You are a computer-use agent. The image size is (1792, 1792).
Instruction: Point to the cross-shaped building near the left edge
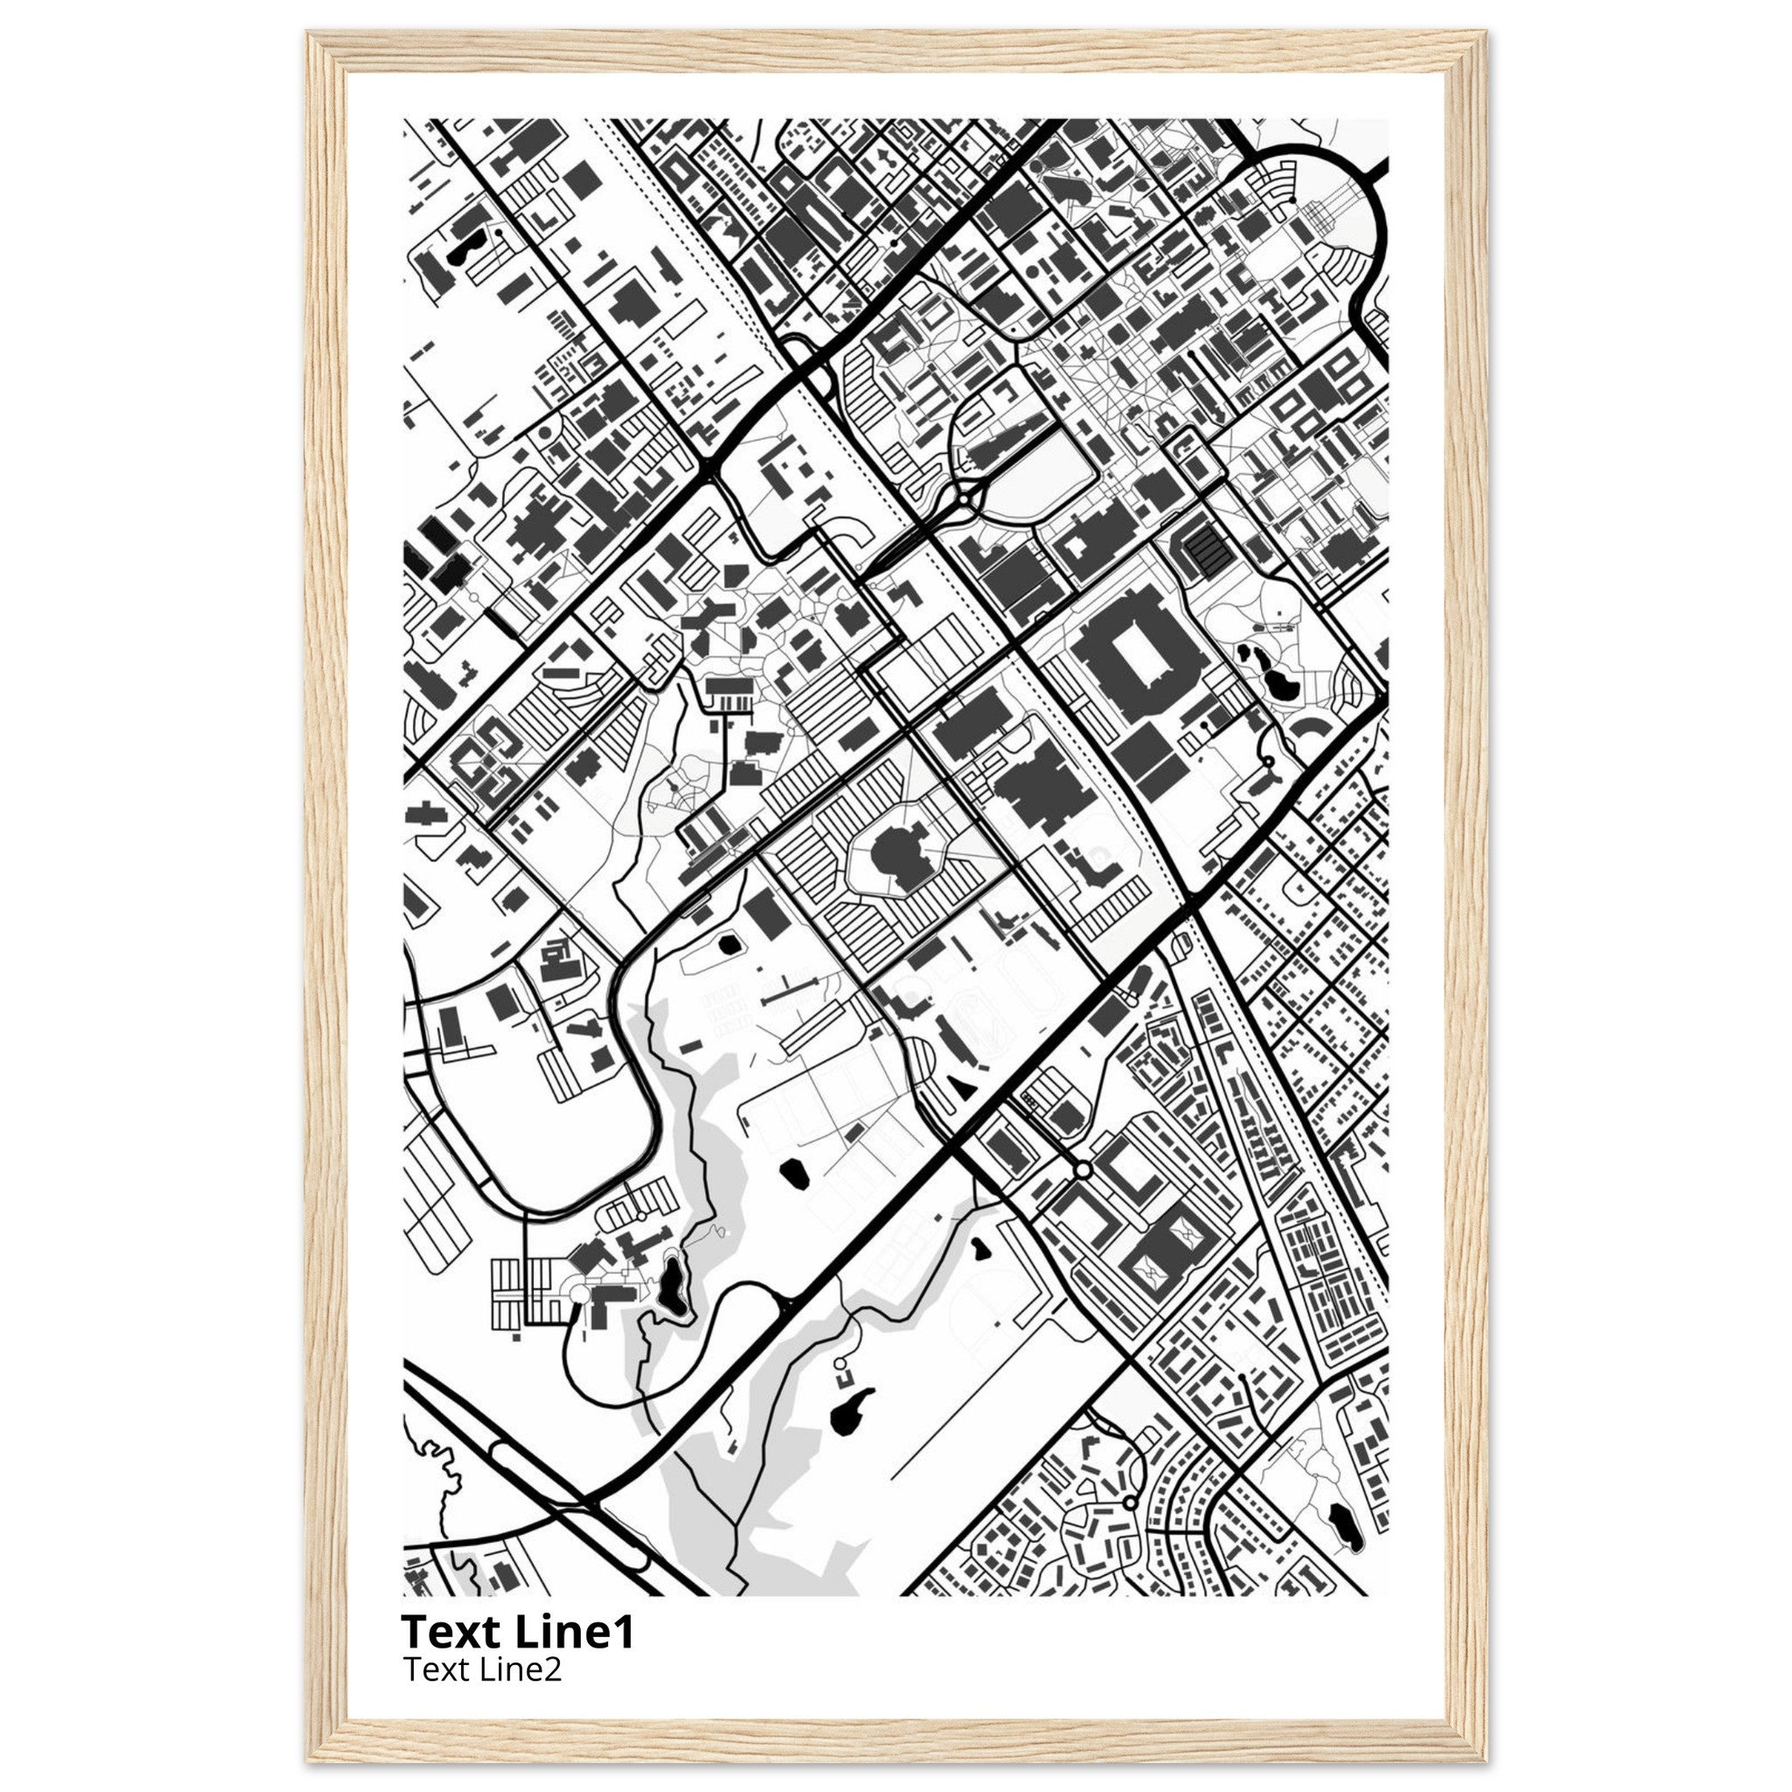click(x=423, y=815)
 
